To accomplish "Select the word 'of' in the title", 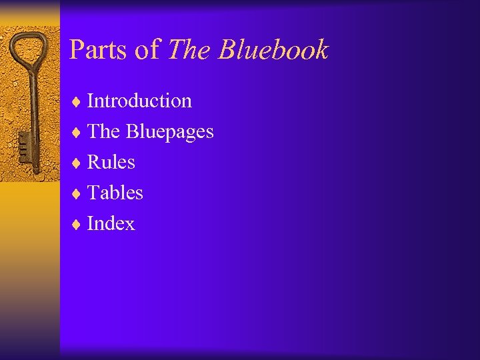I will coord(148,50).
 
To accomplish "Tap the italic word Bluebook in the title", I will coord(274,50).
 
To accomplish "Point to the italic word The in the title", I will coord(190,50).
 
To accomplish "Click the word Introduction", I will coord(139,101).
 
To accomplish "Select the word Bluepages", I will coord(170,132).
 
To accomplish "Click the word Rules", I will coord(111,162).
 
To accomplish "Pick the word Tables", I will coord(115,193).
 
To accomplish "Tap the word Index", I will coord(111,223).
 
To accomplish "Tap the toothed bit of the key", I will coord(23,144).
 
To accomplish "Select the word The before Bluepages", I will coord(103,132).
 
